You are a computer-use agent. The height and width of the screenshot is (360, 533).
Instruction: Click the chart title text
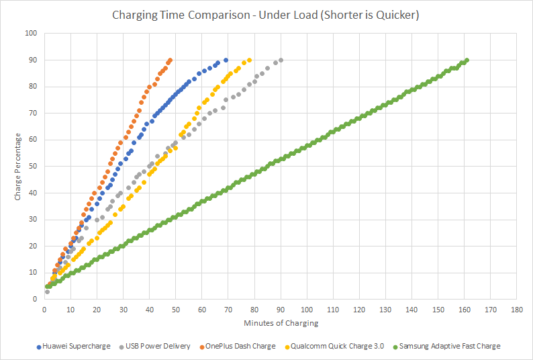click(265, 15)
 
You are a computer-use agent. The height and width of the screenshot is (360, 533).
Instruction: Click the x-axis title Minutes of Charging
click(281, 323)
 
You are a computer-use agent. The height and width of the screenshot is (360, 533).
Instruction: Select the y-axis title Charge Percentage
click(17, 167)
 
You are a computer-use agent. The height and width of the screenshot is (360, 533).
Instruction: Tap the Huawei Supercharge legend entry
click(73, 347)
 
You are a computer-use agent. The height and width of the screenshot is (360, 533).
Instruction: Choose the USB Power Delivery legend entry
click(154, 347)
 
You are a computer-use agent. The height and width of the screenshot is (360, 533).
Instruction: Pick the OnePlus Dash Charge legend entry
click(238, 347)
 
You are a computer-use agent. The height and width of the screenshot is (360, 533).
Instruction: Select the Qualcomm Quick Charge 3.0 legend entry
click(334, 347)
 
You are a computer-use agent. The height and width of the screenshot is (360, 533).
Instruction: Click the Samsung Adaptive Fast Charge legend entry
click(446, 347)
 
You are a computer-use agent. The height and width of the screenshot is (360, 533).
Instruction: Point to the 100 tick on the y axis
click(31, 33)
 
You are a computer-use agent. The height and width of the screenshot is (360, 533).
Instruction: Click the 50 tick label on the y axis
click(33, 166)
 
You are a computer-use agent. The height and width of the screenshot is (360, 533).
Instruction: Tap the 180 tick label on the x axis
click(517, 310)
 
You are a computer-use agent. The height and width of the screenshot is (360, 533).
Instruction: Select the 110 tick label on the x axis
click(333, 310)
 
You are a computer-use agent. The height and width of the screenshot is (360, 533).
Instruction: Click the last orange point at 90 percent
click(171, 60)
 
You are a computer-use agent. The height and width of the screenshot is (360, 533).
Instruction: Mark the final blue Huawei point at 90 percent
click(226, 60)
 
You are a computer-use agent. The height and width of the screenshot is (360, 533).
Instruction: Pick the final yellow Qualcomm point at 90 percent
click(249, 60)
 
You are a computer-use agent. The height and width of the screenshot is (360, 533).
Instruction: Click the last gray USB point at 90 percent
click(281, 60)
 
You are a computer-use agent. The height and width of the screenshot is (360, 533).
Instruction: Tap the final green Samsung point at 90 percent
click(467, 60)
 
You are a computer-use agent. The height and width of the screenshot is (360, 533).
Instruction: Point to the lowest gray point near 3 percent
click(47, 291)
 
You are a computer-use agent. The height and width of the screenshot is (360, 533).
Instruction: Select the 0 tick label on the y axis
click(35, 299)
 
